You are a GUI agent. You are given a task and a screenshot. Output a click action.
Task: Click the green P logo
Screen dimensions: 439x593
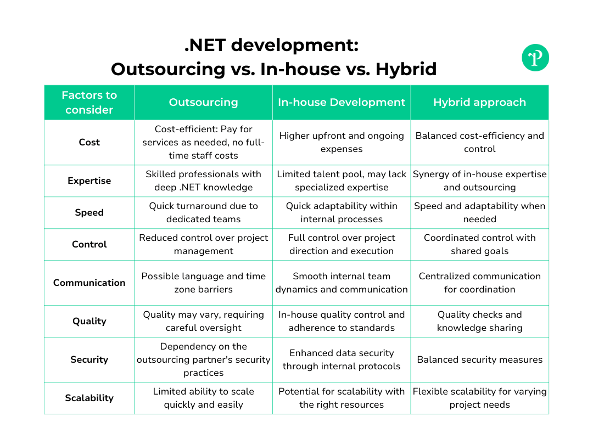535,58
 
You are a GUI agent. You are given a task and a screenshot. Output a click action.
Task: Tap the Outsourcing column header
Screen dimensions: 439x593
203,103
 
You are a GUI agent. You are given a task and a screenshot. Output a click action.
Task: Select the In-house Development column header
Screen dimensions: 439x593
342,103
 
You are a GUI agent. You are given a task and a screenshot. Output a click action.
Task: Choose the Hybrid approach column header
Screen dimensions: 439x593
479,103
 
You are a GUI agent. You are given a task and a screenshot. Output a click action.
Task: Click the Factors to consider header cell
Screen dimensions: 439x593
89,103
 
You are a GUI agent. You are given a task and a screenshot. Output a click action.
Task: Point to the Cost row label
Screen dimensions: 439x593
89,142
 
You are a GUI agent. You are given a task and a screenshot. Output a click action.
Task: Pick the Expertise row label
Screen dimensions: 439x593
89,181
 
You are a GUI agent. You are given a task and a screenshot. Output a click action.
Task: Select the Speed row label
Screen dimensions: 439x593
89,212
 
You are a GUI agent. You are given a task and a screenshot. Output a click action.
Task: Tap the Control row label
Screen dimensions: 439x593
89,244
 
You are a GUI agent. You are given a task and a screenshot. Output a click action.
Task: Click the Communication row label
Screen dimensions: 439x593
89,283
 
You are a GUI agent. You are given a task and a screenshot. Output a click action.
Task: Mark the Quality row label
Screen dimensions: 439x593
89,321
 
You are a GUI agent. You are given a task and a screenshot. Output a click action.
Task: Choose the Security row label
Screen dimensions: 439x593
89,359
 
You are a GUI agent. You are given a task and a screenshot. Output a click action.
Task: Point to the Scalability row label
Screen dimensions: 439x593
89,398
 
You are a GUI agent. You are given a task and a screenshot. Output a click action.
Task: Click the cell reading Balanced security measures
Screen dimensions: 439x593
479,359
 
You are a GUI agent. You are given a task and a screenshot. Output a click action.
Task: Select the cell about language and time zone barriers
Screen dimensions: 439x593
203,283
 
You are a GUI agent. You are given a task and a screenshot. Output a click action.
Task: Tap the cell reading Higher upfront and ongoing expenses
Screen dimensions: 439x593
342,142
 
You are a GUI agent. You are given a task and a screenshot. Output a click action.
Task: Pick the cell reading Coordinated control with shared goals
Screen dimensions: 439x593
479,244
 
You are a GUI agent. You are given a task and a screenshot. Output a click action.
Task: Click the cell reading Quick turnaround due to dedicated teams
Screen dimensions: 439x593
203,212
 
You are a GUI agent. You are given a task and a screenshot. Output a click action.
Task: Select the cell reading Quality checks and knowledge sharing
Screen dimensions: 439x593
479,321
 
